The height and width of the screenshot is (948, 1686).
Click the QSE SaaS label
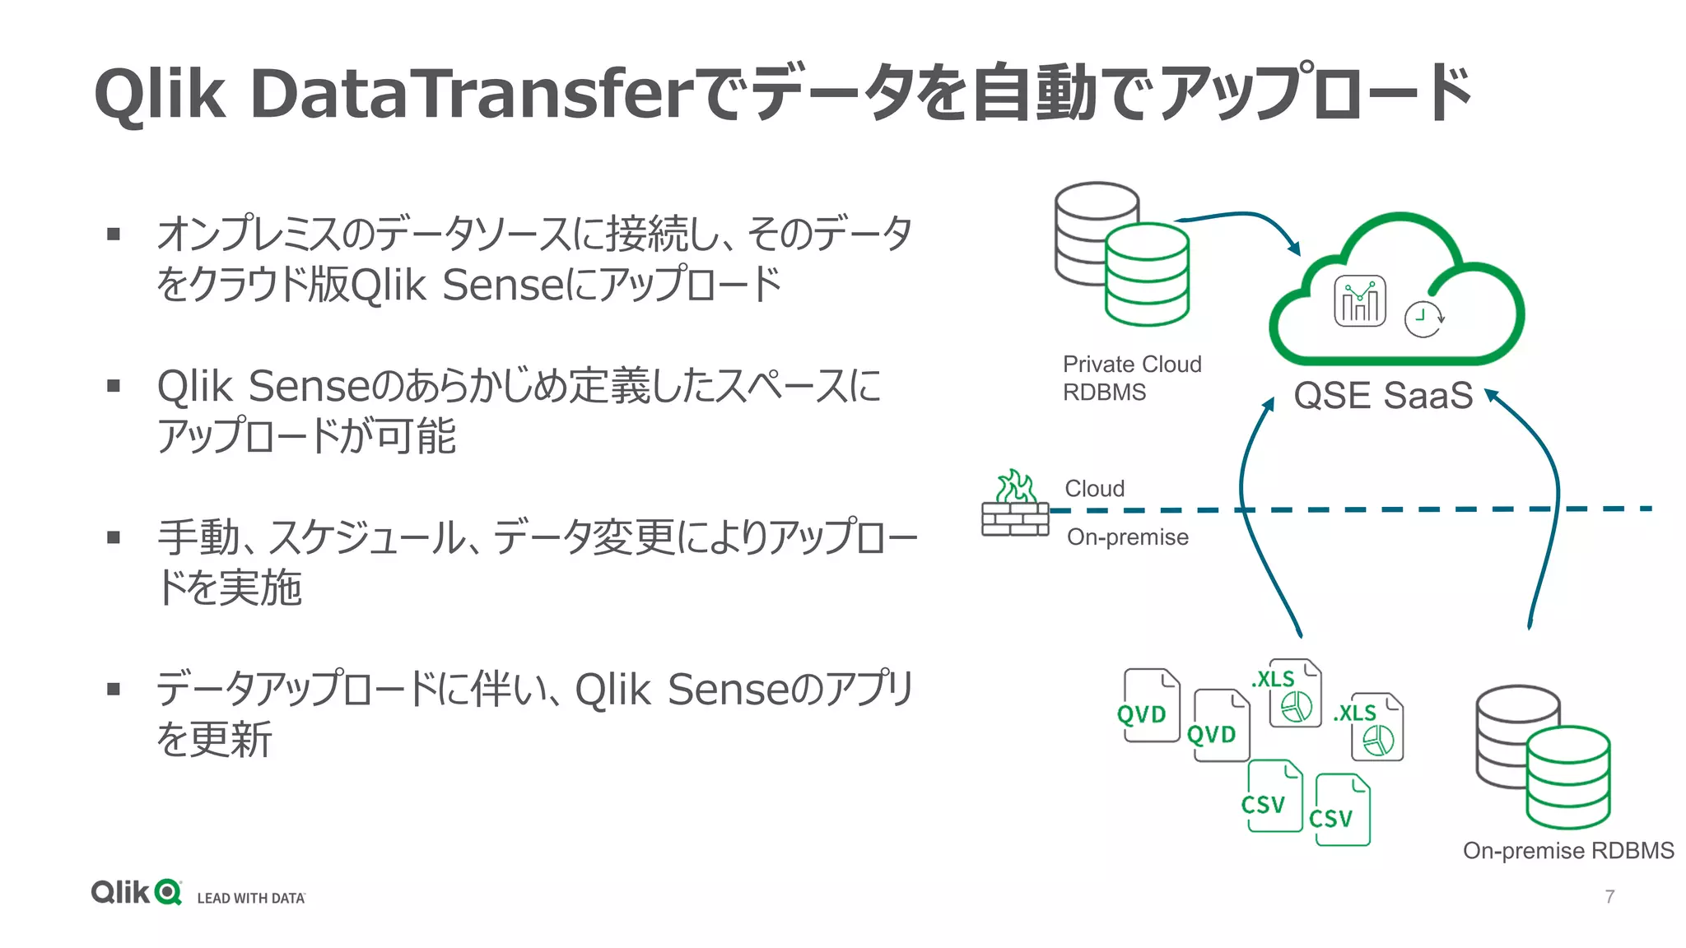click(x=1383, y=396)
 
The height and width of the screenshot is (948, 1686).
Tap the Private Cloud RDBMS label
click(x=1131, y=378)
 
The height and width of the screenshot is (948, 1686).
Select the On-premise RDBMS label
click(x=1567, y=851)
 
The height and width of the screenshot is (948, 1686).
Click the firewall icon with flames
click(x=1015, y=504)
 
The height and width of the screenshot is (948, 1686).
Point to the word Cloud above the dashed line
click(x=1094, y=489)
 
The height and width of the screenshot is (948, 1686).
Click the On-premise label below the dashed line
click(x=1127, y=537)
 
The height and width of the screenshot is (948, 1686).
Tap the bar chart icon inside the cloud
click(x=1359, y=301)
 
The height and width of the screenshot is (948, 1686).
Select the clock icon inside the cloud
click(x=1423, y=319)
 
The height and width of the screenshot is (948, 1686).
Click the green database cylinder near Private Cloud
click(x=1146, y=275)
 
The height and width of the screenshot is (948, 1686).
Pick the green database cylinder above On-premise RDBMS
click(x=1567, y=777)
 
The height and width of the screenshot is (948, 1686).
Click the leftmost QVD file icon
click(x=1150, y=706)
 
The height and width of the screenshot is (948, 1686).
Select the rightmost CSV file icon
click(x=1342, y=810)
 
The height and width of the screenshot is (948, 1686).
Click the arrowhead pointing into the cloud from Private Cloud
click(x=1294, y=249)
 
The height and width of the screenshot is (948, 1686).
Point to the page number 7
click(x=1609, y=897)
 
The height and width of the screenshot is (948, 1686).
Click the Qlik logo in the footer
click(x=137, y=892)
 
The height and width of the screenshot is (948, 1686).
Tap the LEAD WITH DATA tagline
click(x=251, y=898)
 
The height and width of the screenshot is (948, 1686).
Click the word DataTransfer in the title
click(x=469, y=93)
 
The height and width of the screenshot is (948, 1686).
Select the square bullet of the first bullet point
click(x=114, y=235)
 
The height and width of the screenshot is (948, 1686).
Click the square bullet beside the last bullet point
click(x=114, y=689)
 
